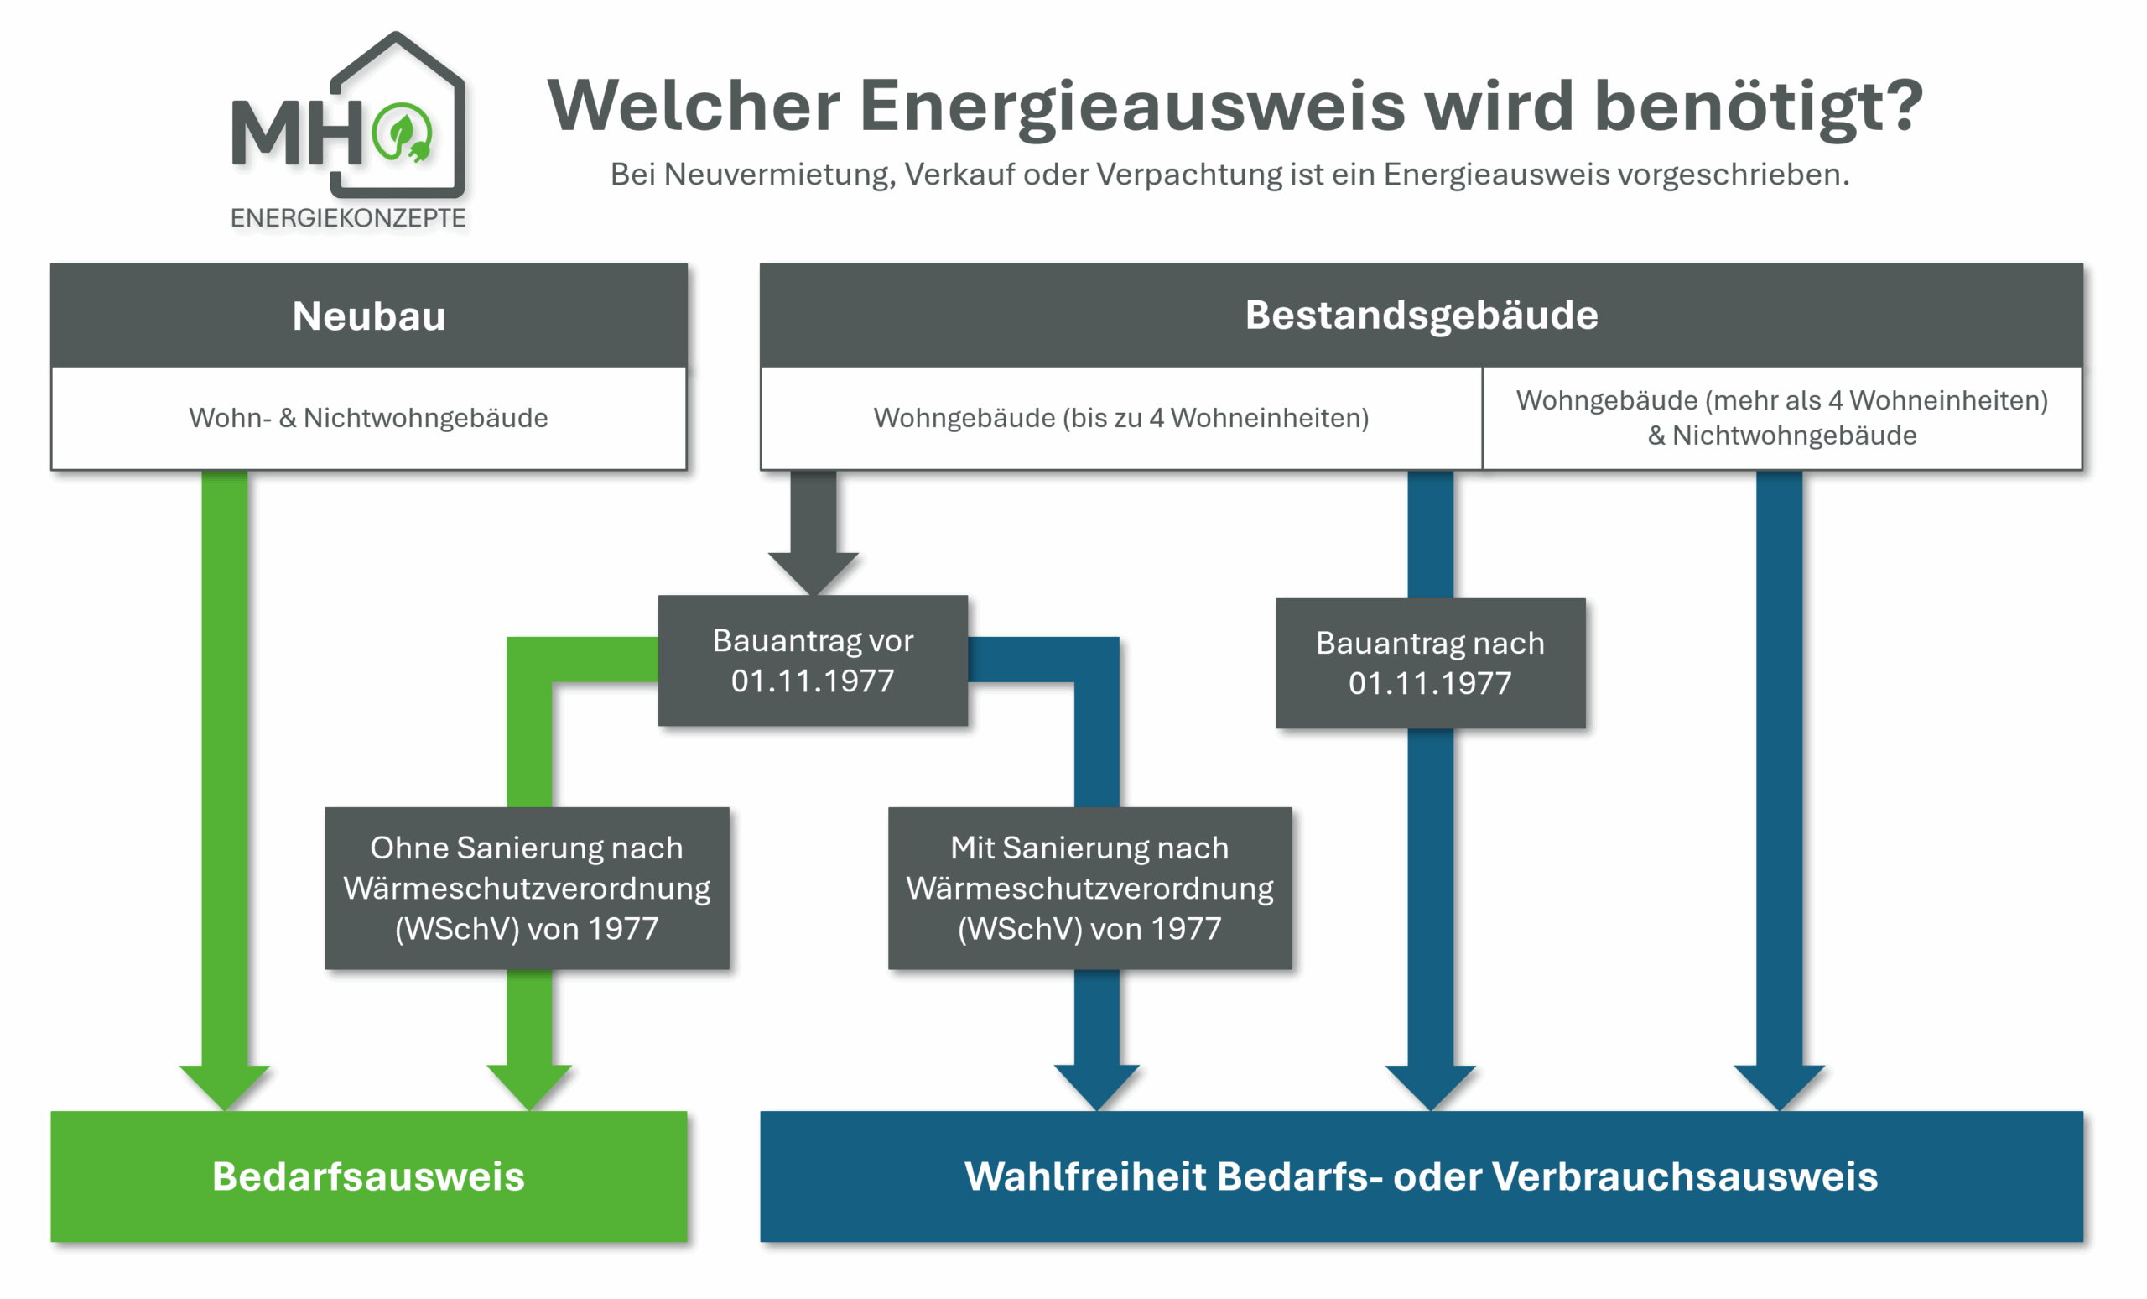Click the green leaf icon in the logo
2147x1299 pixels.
tap(401, 133)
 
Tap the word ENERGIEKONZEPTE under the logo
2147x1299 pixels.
tap(348, 218)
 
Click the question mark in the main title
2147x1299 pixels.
tap(1900, 105)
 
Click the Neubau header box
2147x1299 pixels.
tap(368, 316)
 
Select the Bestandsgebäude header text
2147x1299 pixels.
tap(1422, 316)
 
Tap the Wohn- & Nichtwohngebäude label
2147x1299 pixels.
tap(368, 419)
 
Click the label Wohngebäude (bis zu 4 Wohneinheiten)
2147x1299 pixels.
tap(1120, 419)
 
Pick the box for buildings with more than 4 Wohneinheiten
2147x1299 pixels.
tap(1782, 418)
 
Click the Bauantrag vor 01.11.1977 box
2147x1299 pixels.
tap(812, 661)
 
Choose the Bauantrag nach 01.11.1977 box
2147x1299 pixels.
tap(1430, 664)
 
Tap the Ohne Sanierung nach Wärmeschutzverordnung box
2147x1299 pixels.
tap(527, 889)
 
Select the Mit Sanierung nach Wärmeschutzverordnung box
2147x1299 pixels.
tap(1089, 889)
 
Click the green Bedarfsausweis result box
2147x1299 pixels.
tap(368, 1176)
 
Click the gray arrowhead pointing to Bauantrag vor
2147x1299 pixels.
tap(813, 573)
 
